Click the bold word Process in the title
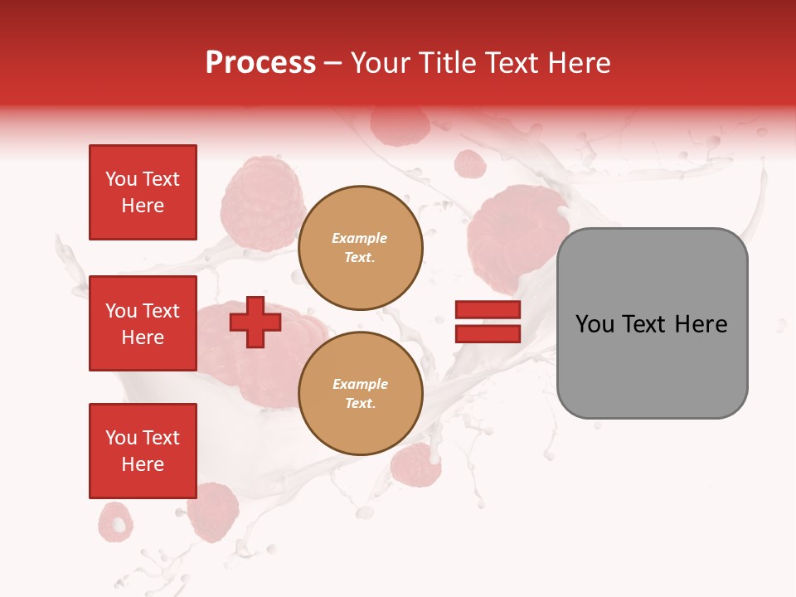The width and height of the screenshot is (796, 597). (260, 63)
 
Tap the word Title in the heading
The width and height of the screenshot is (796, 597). (446, 63)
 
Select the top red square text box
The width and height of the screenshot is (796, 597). (143, 192)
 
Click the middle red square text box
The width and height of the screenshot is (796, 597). (143, 323)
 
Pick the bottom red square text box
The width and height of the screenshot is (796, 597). (143, 450)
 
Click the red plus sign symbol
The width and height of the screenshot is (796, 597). (255, 322)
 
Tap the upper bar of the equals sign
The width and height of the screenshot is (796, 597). (488, 309)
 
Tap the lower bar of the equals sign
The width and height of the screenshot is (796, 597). (488, 333)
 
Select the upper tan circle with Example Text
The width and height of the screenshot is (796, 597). (360, 248)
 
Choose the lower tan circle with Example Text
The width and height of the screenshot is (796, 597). (360, 394)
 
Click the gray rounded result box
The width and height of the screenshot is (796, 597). (652, 365)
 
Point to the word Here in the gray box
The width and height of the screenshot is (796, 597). (701, 324)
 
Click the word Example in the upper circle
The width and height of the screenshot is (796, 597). (360, 238)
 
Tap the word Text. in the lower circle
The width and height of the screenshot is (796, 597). (360, 404)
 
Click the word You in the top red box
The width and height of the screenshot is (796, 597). (121, 179)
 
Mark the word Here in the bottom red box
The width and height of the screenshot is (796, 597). (143, 464)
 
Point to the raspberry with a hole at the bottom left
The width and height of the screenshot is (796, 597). (115, 522)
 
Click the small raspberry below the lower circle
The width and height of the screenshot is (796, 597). (416, 464)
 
